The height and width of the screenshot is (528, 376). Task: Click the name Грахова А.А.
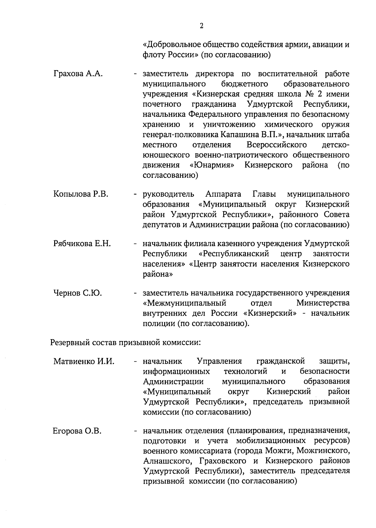[78, 74]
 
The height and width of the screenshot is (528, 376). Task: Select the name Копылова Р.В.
[81, 194]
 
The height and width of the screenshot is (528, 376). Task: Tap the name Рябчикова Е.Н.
[82, 244]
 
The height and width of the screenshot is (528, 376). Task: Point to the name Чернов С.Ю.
[77, 293]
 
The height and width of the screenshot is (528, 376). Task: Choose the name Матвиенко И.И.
[84, 362]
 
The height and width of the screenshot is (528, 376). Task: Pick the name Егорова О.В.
[77, 431]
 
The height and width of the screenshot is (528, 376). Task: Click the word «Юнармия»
[213, 165]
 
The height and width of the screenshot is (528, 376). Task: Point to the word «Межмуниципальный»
[185, 303]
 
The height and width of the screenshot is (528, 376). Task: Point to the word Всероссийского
[276, 145]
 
